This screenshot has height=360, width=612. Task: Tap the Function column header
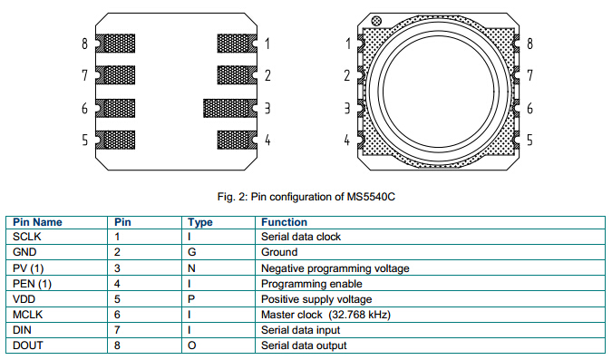coord(284,222)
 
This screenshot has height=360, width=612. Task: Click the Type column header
coord(199,222)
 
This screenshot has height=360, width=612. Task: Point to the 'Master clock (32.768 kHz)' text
coord(325,315)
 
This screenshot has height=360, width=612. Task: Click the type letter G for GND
coord(191,252)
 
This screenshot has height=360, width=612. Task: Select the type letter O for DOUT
coord(191,345)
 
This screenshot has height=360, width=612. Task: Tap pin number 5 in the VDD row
coord(117,299)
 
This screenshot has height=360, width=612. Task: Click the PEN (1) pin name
coord(32,284)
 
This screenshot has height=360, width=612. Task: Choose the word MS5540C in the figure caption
coord(371,197)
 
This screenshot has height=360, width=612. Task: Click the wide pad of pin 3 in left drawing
coord(230,108)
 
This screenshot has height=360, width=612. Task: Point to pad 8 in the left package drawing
coord(115,44)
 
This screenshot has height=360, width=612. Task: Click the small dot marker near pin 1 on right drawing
coord(376,21)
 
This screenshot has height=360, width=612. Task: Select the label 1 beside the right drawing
coord(348,44)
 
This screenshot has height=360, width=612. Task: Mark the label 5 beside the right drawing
coord(529,140)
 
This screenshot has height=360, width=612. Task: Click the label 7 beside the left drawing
coord(84,75)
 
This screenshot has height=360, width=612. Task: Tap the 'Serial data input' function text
coord(300,330)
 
